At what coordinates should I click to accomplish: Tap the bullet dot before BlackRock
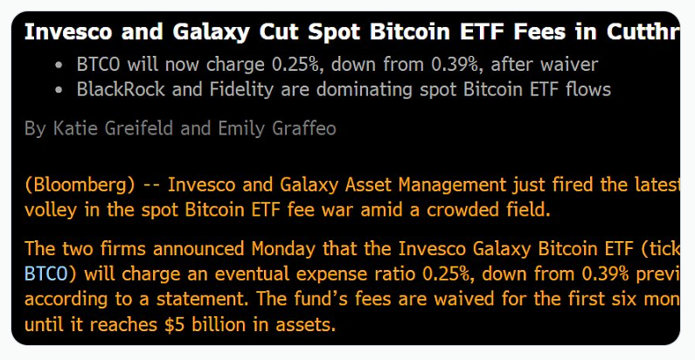tap(59, 89)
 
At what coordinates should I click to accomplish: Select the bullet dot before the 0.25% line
tap(59, 65)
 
